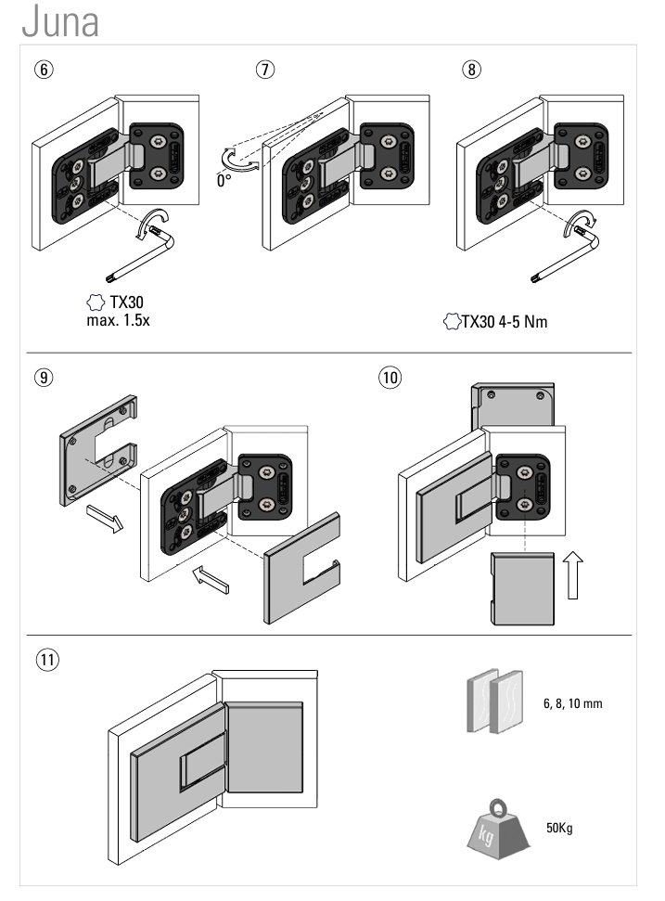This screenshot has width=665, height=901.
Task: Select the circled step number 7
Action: [x=266, y=71]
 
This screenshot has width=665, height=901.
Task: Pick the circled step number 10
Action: [x=390, y=378]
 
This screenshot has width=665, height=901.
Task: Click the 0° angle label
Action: [x=224, y=180]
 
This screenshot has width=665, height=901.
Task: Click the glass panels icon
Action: [x=492, y=706]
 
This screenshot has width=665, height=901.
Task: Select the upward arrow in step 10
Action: [x=571, y=574]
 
